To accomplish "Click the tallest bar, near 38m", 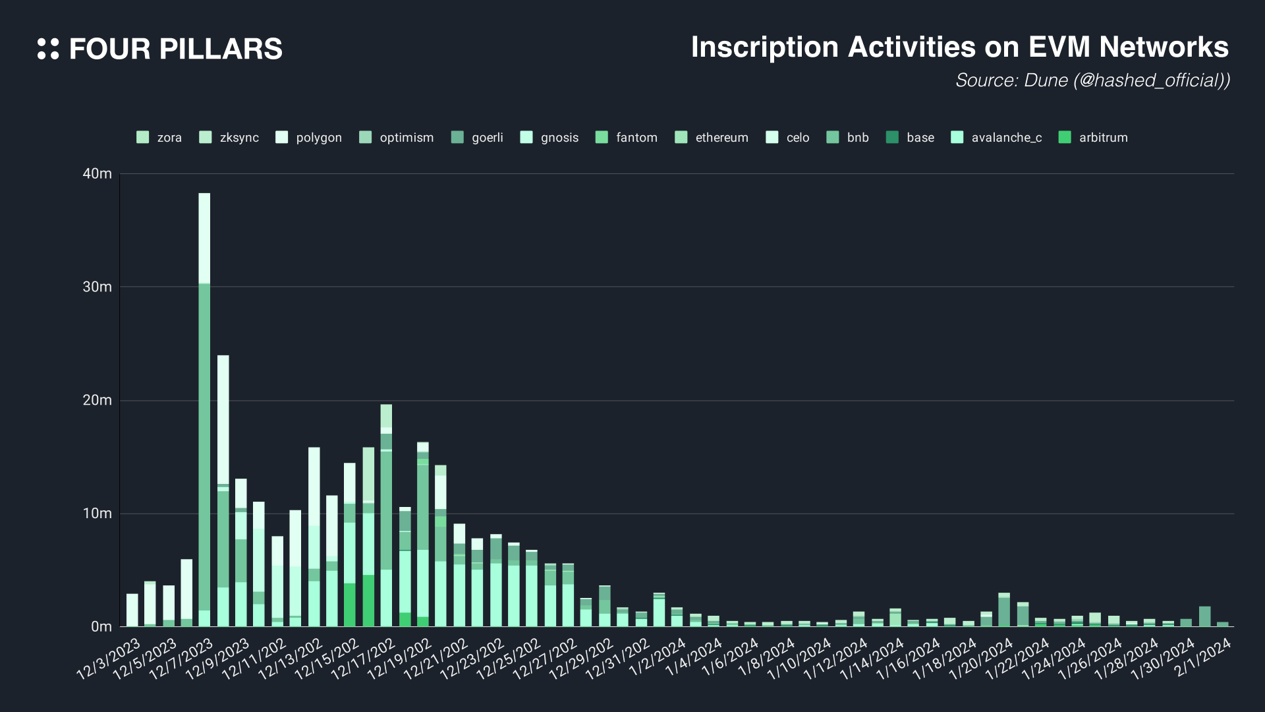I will pos(204,409).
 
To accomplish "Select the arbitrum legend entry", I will pos(1094,137).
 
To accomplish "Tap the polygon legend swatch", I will pos(282,137).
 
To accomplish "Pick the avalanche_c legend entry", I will pos(997,137).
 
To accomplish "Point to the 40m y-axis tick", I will pos(98,173).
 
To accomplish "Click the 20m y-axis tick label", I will pos(98,400).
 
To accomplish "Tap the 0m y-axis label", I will pos(101,626).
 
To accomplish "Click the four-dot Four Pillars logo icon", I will pos(48,49).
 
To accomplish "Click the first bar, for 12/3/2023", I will pos(132,610).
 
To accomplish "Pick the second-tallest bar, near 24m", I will pos(223,491).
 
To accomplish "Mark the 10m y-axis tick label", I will pos(98,514).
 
